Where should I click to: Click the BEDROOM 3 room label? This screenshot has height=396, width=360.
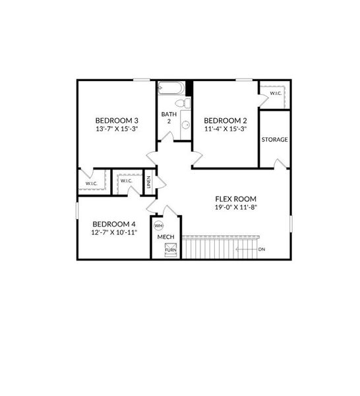tap(117, 121)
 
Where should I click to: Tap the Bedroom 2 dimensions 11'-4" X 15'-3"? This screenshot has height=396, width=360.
tap(225, 129)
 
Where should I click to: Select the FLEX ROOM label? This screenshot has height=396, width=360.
tap(235, 199)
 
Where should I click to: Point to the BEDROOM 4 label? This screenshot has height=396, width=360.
tap(114, 224)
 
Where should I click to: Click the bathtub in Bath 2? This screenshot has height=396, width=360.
tap(171, 88)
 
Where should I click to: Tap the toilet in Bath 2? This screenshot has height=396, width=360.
tap(183, 103)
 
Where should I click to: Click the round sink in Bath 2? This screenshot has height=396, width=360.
tap(186, 125)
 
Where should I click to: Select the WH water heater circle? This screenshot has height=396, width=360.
tap(159, 226)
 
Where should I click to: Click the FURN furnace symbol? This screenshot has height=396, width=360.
tap(171, 249)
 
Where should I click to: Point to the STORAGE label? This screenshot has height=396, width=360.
tap(274, 140)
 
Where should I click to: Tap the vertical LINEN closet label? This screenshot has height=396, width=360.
tap(148, 182)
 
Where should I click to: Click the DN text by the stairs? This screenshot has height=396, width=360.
tap(262, 249)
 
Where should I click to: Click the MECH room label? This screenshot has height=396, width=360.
tap(165, 237)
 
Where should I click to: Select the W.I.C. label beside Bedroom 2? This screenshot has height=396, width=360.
tap(276, 93)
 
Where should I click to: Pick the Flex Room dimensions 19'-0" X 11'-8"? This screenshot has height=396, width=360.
tap(236, 207)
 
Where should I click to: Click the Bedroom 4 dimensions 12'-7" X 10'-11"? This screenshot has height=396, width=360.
tap(114, 232)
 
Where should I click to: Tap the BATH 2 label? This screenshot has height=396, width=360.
tap(169, 117)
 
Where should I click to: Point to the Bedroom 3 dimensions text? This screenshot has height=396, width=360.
tap(117, 129)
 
